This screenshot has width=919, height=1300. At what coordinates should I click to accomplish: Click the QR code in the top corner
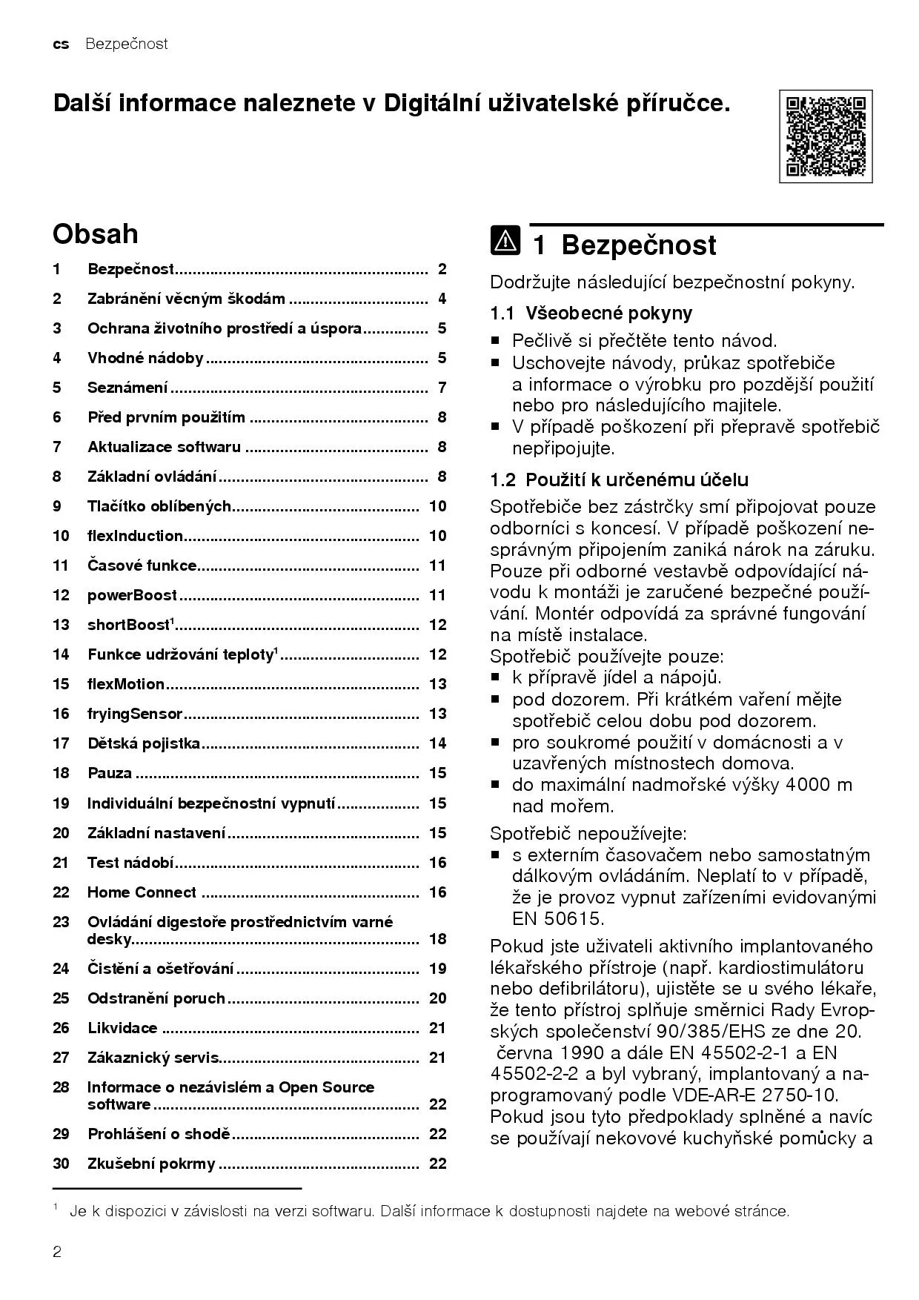[825, 136]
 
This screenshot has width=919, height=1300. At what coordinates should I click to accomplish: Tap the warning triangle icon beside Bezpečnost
[505, 242]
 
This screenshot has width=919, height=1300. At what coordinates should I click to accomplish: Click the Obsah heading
[95, 234]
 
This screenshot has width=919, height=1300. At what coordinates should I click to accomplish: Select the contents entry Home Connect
[142, 892]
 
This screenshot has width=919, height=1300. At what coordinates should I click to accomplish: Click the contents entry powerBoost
[133, 595]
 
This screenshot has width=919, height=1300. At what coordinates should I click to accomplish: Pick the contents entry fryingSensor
[135, 714]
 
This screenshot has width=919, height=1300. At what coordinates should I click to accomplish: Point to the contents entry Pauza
[110, 773]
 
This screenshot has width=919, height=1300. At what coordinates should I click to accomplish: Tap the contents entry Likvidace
[122, 1028]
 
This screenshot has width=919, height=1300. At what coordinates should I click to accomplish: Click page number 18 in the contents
[438, 939]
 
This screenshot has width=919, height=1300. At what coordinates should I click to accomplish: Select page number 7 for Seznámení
[442, 388]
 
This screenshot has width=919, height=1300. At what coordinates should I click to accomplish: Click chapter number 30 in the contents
[61, 1164]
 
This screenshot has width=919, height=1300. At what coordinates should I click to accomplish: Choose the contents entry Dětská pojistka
[144, 743]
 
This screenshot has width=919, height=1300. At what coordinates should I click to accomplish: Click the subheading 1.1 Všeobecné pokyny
[591, 314]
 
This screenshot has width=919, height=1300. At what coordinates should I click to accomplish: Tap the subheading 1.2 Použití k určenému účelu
[619, 480]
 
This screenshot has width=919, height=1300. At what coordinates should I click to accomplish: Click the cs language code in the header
[61, 44]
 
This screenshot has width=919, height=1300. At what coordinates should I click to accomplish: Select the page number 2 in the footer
[57, 1253]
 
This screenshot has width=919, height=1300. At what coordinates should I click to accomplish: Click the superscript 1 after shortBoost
[173, 620]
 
